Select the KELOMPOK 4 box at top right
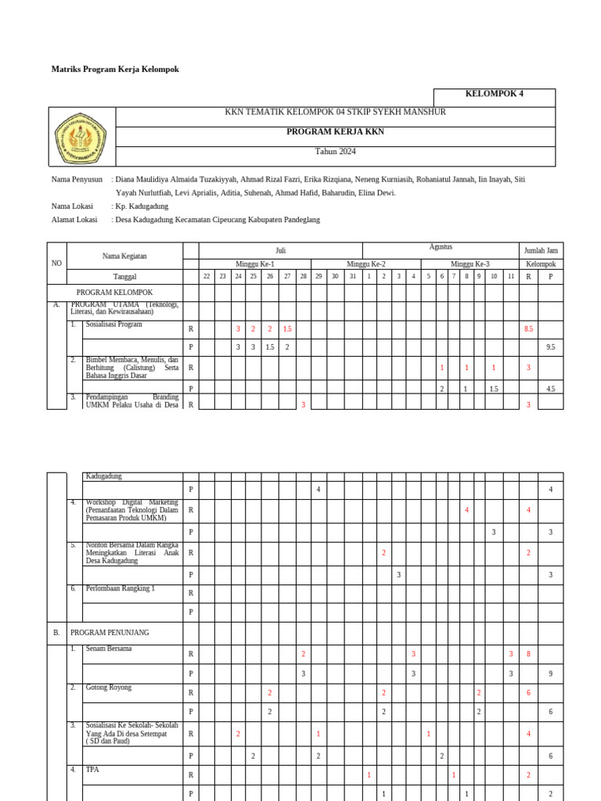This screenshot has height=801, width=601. (494, 94)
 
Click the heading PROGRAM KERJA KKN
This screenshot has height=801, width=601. (335, 132)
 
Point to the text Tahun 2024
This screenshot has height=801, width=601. (335, 152)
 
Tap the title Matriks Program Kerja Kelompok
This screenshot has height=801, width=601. (115, 70)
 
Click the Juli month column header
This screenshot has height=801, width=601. (280, 250)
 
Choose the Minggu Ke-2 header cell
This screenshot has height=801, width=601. (366, 264)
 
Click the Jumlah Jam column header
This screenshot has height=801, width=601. (541, 250)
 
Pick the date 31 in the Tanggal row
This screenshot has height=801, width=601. (352, 276)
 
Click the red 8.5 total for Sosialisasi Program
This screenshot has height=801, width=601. (528, 329)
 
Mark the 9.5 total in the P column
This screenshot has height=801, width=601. (550, 347)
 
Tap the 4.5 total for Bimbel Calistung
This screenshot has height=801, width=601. (550, 389)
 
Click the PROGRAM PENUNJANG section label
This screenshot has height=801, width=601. (110, 633)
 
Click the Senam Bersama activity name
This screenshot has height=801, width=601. (109, 648)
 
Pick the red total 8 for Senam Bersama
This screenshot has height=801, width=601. (528, 654)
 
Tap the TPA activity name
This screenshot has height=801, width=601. (92, 770)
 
